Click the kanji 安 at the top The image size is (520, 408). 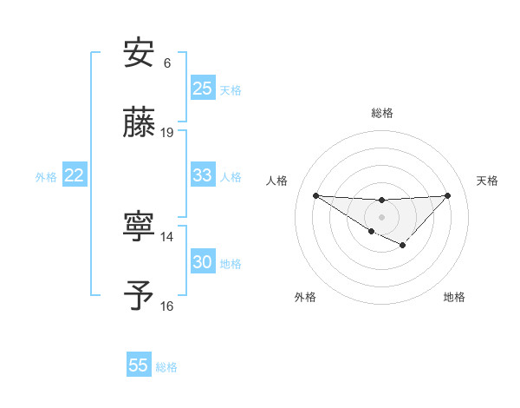click(140, 54)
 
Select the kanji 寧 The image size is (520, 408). click(140, 227)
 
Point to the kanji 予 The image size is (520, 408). click(140, 295)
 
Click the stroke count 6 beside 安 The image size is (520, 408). click(167, 63)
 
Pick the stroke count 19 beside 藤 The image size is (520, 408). click(167, 133)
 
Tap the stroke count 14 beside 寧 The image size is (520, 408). click(167, 236)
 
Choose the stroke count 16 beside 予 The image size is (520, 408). click(167, 306)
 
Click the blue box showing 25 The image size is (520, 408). click(203, 89)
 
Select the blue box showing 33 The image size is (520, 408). click(203, 175)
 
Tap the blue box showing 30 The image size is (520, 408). click(203, 262)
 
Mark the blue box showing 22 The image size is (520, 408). click(75, 175)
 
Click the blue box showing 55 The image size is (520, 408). click(139, 365)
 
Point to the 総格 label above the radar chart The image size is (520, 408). click(382, 113)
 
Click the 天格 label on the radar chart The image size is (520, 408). click(487, 181)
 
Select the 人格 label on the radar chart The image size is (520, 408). click(276, 181)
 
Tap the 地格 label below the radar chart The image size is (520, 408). click(454, 298)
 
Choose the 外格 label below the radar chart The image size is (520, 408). click(305, 298)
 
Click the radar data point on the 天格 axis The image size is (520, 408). click(448, 195)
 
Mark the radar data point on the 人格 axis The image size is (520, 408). click(315, 195)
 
